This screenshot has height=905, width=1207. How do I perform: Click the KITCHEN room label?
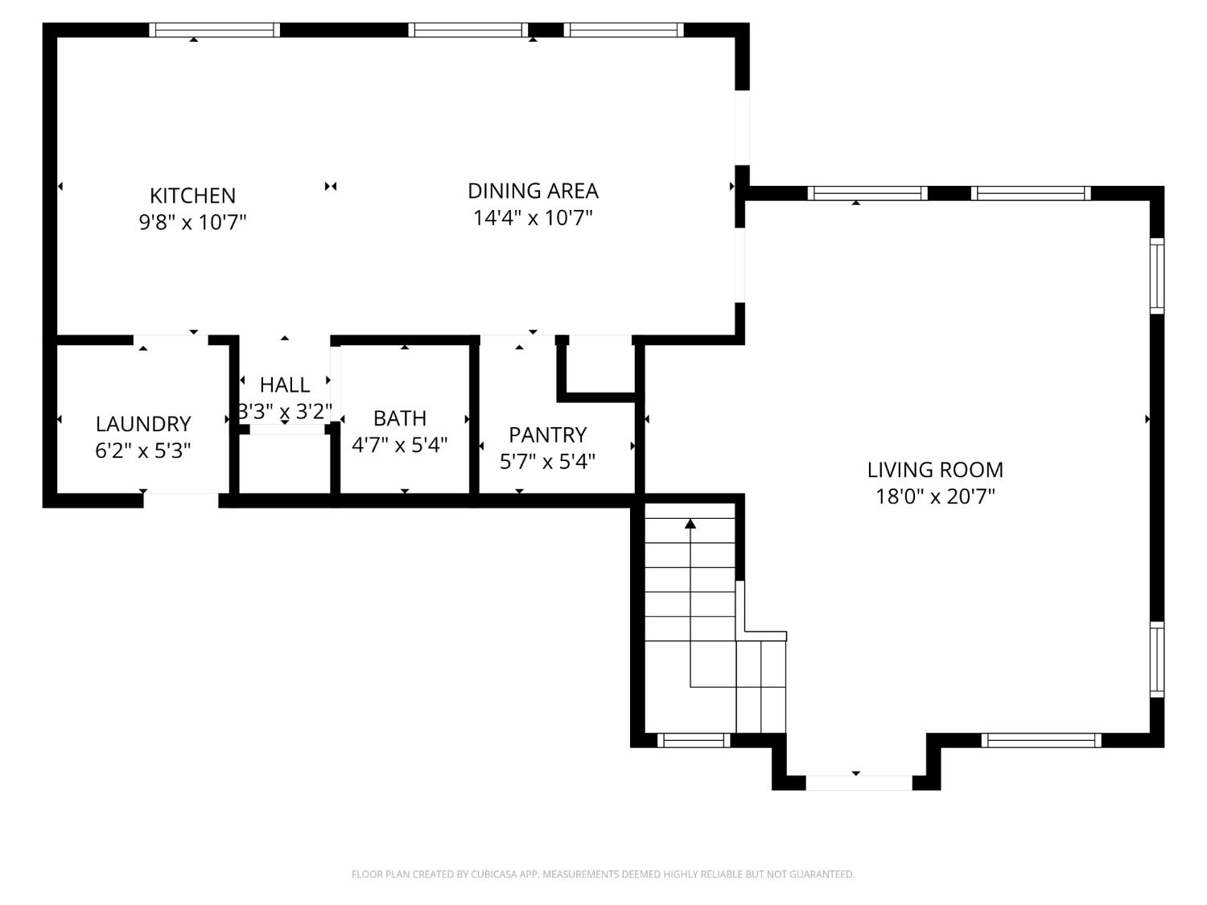coord(192,195)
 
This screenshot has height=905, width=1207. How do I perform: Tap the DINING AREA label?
coord(533,191)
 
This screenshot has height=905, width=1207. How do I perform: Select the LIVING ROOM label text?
coord(935,470)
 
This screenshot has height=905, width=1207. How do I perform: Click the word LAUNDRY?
coord(143,424)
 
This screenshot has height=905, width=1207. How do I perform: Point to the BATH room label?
coord(400,418)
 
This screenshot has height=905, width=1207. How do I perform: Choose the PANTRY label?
coord(547,435)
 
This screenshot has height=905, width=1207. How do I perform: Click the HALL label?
coord(285,385)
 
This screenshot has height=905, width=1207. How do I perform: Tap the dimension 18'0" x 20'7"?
coord(935,496)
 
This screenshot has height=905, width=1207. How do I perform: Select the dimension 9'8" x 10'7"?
coord(192,222)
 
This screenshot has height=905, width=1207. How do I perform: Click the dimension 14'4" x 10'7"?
coord(533,218)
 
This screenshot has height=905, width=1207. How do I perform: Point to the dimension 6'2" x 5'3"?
coord(143,450)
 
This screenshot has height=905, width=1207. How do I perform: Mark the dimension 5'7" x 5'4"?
coord(547,462)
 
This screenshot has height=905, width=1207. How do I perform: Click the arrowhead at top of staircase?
coord(690,524)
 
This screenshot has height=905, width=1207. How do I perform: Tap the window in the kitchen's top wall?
coord(215,31)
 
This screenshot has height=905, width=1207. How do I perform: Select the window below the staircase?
coord(694,740)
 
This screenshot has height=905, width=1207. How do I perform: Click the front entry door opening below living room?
coord(858,783)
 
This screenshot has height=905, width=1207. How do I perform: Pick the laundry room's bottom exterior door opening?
coord(181,500)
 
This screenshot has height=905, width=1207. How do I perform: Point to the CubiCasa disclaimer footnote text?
coord(603,874)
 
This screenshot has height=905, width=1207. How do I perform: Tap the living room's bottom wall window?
coord(1041,740)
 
